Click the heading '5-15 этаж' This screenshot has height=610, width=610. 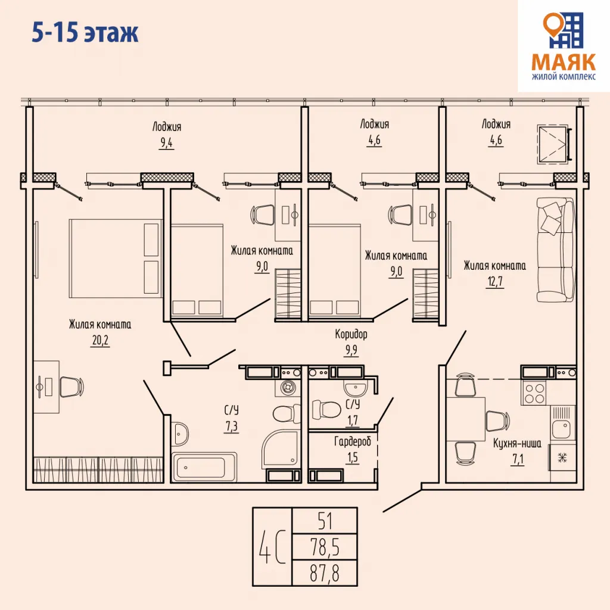click(85, 33)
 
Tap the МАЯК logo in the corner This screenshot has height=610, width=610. click(563, 45)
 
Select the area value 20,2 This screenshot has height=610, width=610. click(100, 341)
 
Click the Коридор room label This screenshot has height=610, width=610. click(351, 334)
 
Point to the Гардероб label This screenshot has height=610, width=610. click(352, 442)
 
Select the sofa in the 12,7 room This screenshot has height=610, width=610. click(555, 250)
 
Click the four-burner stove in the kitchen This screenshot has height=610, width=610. click(534, 392)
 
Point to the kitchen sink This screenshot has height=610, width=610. click(561, 428)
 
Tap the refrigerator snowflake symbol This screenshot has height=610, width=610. click(561, 457)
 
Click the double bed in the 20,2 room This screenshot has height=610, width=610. click(116, 257)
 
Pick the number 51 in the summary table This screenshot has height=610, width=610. click(325, 521)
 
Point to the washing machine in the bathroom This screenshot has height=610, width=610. click(288, 388)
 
